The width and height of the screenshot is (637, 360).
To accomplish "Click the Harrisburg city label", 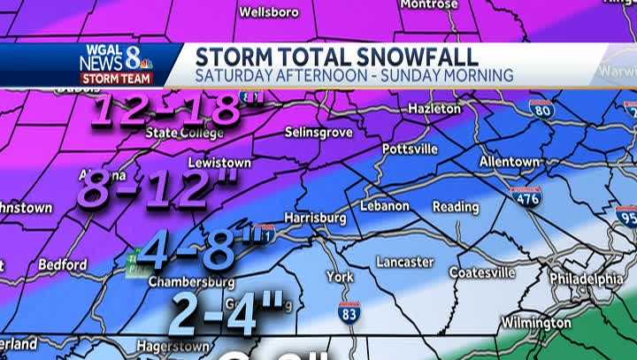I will click(x=316, y=218).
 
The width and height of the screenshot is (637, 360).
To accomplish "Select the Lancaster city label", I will click(x=404, y=262).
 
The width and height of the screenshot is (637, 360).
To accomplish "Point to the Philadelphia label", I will click(x=586, y=278).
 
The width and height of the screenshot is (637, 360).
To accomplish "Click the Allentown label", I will click(x=510, y=162).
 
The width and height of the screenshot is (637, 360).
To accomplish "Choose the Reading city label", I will click(x=456, y=207).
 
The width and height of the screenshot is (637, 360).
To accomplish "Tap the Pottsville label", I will click(x=411, y=149).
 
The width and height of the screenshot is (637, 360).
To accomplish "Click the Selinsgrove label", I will click(x=319, y=132).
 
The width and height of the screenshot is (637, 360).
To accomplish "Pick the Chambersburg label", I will click(x=192, y=282).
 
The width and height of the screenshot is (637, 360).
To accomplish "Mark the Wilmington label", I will click(x=536, y=323).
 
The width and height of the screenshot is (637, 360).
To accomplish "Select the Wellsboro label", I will click(x=269, y=12).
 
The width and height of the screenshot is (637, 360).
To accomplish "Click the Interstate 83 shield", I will click(x=349, y=312).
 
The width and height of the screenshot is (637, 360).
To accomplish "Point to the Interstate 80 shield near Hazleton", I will click(x=541, y=110).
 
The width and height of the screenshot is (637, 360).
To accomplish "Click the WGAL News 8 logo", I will click(x=116, y=65).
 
